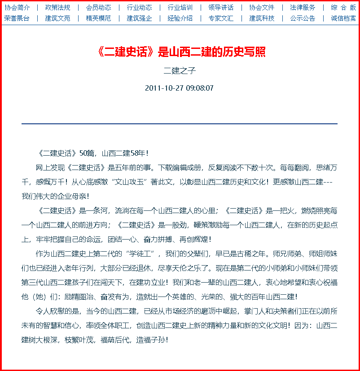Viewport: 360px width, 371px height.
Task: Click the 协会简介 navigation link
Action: (17, 8)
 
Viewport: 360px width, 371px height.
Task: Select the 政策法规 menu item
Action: (57, 8)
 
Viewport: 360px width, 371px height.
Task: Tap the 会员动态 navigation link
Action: (98, 8)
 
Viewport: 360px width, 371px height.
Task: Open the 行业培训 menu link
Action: (180, 8)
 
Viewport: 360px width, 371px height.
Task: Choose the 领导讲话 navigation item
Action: (221, 8)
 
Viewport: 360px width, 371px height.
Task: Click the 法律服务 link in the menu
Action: (303, 8)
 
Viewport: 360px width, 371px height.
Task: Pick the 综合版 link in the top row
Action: (343, 8)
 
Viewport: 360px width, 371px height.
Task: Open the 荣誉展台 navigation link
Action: (17, 18)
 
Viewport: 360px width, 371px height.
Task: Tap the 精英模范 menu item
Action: (98, 18)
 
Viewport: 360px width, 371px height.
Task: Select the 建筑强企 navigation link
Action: (139, 18)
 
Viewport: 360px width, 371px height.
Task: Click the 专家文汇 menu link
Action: (221, 18)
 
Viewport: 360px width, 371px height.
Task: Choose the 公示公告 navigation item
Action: (303, 18)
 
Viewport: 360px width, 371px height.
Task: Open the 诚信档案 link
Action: (343, 18)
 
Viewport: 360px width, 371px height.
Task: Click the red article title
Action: (180, 52)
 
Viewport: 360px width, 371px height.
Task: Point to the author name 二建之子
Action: (180, 71)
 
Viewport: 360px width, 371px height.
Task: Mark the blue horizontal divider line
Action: (180, 123)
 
